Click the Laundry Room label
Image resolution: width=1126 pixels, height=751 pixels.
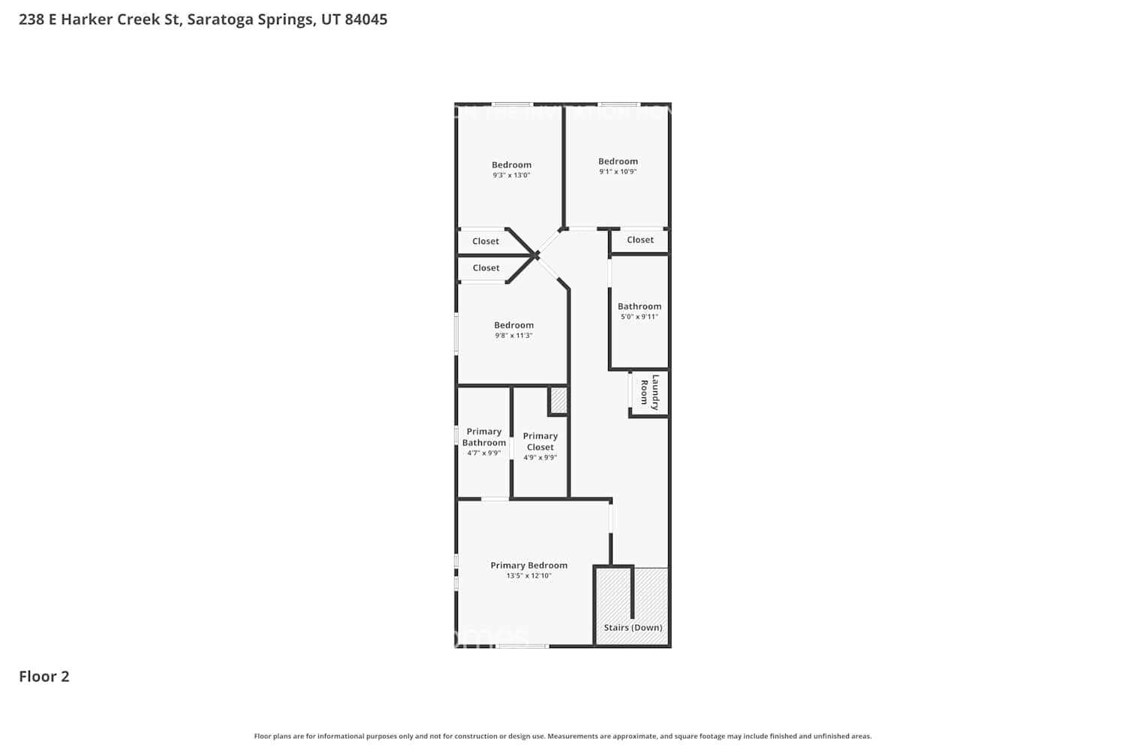[x=649, y=392]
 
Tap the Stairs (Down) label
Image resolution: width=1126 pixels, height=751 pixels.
[x=633, y=628]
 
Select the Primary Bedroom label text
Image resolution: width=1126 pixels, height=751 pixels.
[x=528, y=566]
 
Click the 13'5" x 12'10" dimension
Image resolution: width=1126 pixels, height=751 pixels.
[x=528, y=576]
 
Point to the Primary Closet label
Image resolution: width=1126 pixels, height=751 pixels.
[x=540, y=441]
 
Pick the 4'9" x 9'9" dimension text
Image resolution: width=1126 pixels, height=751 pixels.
[x=540, y=457]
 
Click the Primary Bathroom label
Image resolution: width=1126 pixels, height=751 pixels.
[x=483, y=437]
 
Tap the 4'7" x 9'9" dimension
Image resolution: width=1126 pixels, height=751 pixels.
[x=483, y=453]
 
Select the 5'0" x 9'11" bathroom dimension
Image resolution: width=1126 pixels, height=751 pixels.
[x=639, y=317]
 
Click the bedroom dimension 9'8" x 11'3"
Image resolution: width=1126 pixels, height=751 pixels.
[x=513, y=336]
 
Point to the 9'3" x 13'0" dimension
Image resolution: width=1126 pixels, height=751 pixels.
[x=511, y=175]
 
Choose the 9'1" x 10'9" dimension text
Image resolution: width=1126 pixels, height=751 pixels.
[x=618, y=171]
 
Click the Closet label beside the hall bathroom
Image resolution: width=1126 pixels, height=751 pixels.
[x=640, y=240]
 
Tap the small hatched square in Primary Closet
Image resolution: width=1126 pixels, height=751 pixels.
[x=558, y=400]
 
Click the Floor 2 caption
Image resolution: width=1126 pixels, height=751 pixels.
[x=44, y=677]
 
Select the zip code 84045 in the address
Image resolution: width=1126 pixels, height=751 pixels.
[x=366, y=20]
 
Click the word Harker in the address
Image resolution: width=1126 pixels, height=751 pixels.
[x=87, y=20]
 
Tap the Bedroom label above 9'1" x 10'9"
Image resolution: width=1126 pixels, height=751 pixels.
[x=618, y=161]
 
